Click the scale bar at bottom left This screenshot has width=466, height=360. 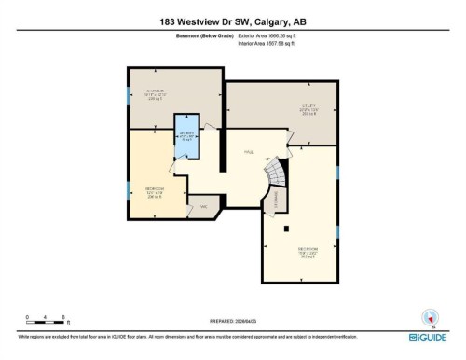pos(45,320)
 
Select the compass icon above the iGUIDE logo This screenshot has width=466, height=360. pos(430,317)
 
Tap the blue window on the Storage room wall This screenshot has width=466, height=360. pos(128,94)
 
